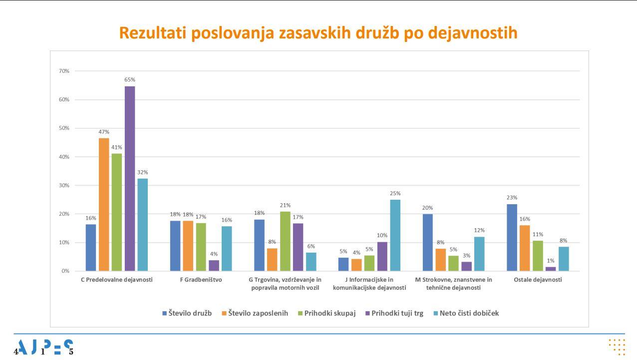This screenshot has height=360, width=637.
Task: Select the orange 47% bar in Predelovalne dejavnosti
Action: click(x=104, y=205)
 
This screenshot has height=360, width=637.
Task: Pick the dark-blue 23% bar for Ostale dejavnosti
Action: click(x=512, y=238)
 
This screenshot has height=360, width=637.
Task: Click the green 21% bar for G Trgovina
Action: click(x=285, y=241)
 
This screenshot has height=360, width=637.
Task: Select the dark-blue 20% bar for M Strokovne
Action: click(x=428, y=243)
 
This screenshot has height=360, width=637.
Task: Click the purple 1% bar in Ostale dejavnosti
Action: click(x=551, y=269)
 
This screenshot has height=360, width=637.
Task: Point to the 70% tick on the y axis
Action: click(x=64, y=71)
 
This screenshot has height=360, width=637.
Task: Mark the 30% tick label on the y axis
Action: click(x=64, y=185)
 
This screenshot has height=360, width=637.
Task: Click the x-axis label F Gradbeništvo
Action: click(x=201, y=280)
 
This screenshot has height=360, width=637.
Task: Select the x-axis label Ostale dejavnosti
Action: click(x=538, y=280)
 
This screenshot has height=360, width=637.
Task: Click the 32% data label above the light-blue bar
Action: click(x=143, y=172)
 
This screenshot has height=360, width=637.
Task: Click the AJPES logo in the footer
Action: click(x=44, y=347)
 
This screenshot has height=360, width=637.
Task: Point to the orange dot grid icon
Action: click(x=617, y=347)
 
